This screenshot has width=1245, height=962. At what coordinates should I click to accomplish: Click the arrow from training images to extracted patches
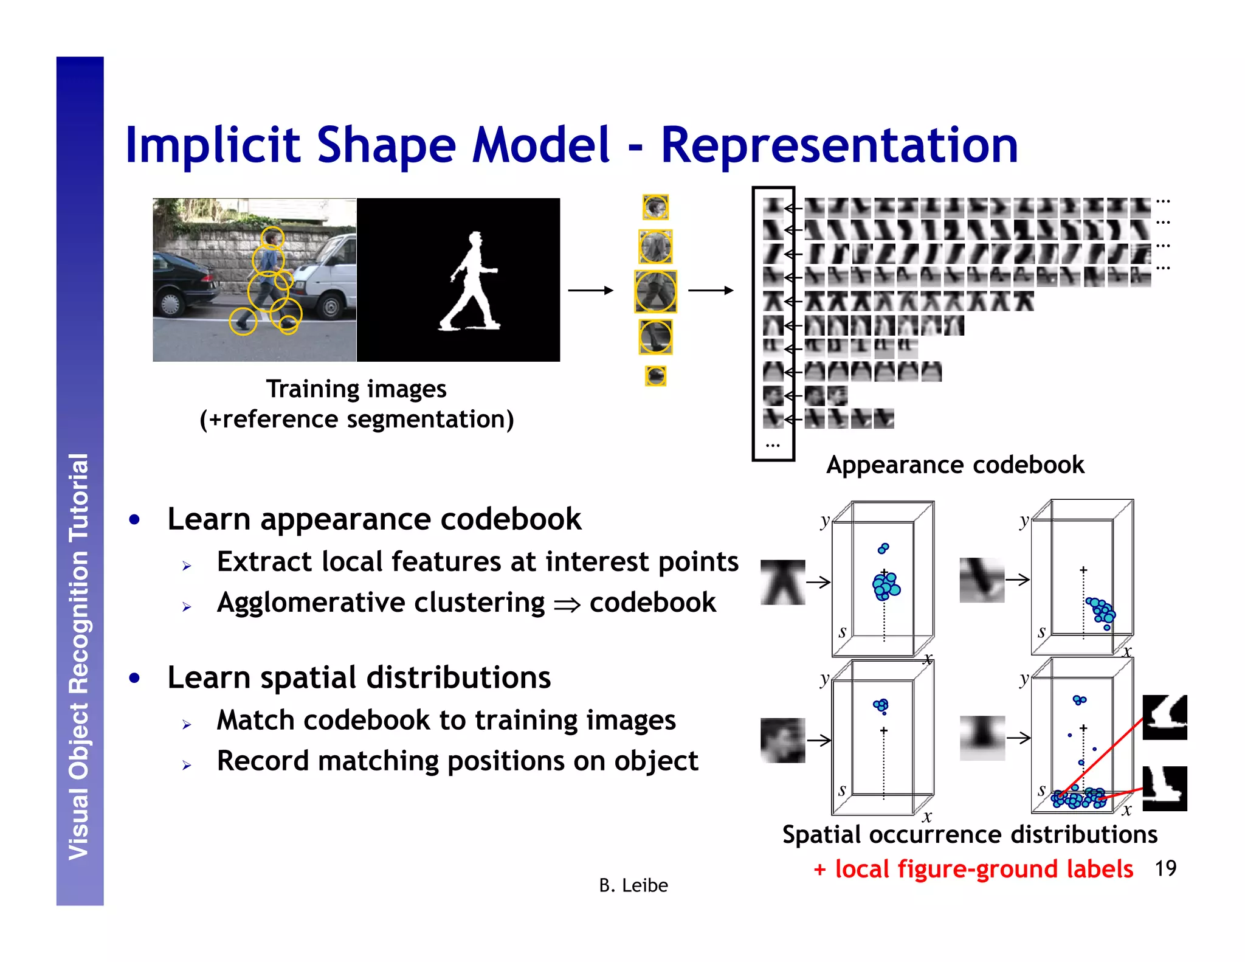pyautogui.click(x=590, y=291)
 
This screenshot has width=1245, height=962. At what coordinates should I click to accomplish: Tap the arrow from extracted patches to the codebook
pyautogui.click(x=710, y=291)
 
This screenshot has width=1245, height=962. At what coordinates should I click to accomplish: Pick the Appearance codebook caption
pyautogui.click(x=954, y=465)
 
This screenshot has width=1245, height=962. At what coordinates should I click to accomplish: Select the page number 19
pyautogui.click(x=1165, y=868)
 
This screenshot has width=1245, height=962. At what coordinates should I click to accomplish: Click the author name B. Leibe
pyautogui.click(x=633, y=885)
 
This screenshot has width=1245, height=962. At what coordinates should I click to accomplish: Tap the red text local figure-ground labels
pyautogui.click(x=983, y=869)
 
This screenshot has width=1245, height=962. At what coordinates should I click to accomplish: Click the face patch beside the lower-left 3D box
pyautogui.click(x=782, y=740)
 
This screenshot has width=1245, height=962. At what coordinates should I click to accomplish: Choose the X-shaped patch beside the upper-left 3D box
pyautogui.click(x=782, y=582)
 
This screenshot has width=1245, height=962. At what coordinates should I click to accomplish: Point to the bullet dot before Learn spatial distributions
pyautogui.click(x=135, y=677)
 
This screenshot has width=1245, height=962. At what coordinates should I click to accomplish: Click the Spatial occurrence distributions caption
pyautogui.click(x=970, y=834)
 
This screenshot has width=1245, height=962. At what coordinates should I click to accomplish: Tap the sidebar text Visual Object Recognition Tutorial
pyautogui.click(x=80, y=657)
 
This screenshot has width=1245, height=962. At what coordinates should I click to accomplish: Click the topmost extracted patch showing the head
pyautogui.click(x=655, y=207)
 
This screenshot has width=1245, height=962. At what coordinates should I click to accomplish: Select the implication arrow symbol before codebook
pyautogui.click(x=567, y=604)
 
